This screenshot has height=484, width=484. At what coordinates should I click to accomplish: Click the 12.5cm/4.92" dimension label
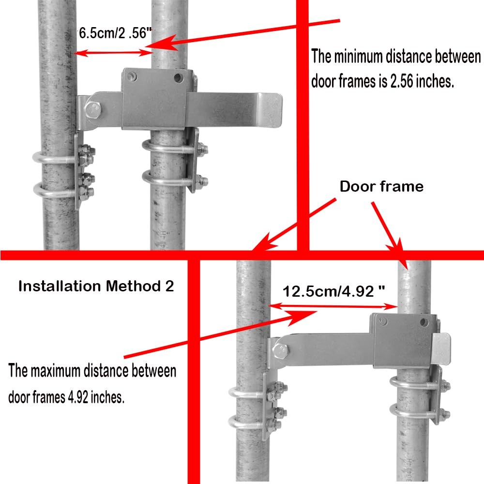tap(334, 291)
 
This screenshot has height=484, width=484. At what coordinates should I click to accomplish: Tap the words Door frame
tap(381, 186)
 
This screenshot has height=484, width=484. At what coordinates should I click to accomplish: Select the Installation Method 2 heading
tap(96, 286)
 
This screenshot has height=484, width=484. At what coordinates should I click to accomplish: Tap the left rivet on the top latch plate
tap(131, 76)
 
